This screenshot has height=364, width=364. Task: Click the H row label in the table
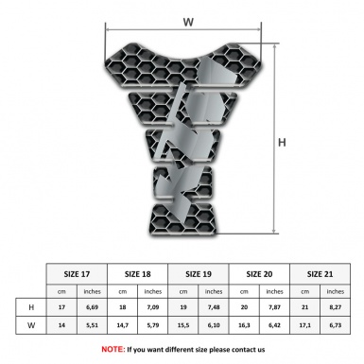(x=31, y=308)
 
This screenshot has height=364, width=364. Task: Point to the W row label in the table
(x=31, y=326)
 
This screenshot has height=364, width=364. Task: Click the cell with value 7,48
(x=214, y=308)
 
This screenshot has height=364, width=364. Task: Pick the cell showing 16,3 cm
(x=245, y=326)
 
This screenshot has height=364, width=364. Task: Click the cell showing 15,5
(x=184, y=326)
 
